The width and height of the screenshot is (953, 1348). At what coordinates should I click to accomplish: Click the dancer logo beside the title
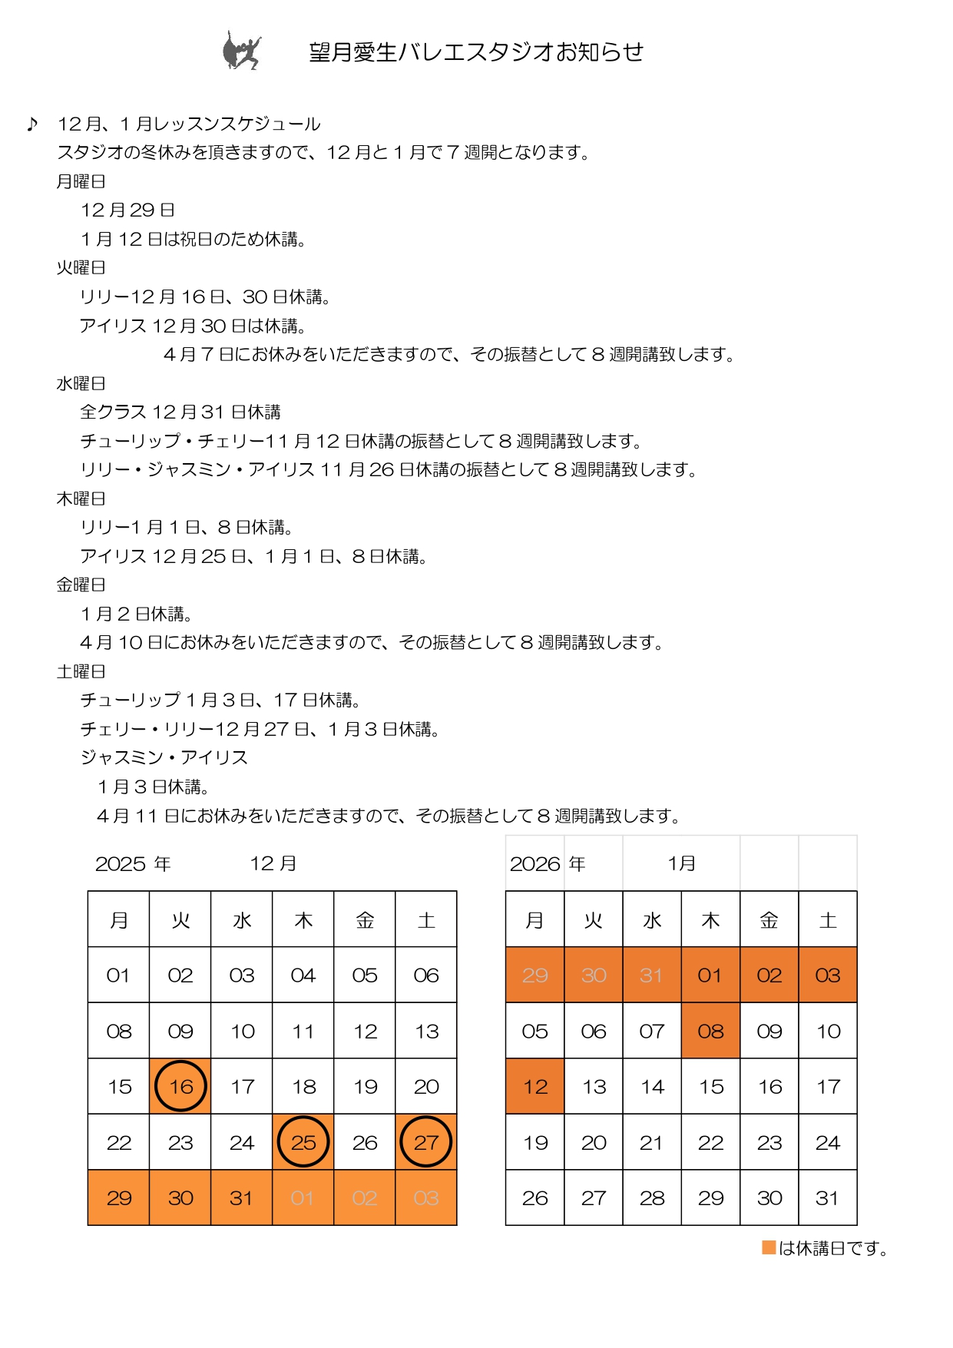pos(242,51)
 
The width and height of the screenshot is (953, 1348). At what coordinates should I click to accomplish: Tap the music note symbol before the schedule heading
pos(31,124)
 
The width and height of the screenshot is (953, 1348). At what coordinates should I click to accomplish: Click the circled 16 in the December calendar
pos(181,1086)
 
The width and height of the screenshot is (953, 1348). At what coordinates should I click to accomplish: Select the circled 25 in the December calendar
pos(303,1142)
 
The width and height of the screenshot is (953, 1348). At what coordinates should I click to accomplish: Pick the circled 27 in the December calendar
pos(426,1142)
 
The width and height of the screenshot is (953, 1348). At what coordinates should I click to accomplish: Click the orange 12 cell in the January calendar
pos(535,1086)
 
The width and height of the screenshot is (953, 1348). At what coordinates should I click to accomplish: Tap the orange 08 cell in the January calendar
pos(710,1031)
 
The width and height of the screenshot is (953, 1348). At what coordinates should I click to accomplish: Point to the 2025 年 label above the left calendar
pos(133,863)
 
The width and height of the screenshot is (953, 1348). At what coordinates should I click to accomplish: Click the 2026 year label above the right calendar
pos(535,863)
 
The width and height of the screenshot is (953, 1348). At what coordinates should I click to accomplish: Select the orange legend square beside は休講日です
pos(769,1247)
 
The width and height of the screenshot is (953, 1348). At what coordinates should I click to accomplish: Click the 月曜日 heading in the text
pos(81,181)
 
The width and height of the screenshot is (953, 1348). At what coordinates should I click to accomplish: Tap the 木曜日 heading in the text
pos(81,498)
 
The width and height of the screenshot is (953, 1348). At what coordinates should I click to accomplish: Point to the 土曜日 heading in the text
pos(81,671)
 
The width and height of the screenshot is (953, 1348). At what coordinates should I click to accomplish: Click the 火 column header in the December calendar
pos(180,919)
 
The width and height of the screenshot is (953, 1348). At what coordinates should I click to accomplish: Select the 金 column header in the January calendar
pos(769,919)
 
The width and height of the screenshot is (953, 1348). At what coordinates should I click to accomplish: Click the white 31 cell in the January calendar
pos(827,1197)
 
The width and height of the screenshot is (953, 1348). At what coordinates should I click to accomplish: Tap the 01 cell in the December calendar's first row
pos(118,975)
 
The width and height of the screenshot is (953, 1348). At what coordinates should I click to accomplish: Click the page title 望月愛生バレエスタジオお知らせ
pos(476,51)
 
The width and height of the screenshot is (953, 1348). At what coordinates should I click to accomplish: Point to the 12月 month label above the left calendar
pos(273,863)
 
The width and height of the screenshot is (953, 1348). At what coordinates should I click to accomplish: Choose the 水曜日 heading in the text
pos(81,383)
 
